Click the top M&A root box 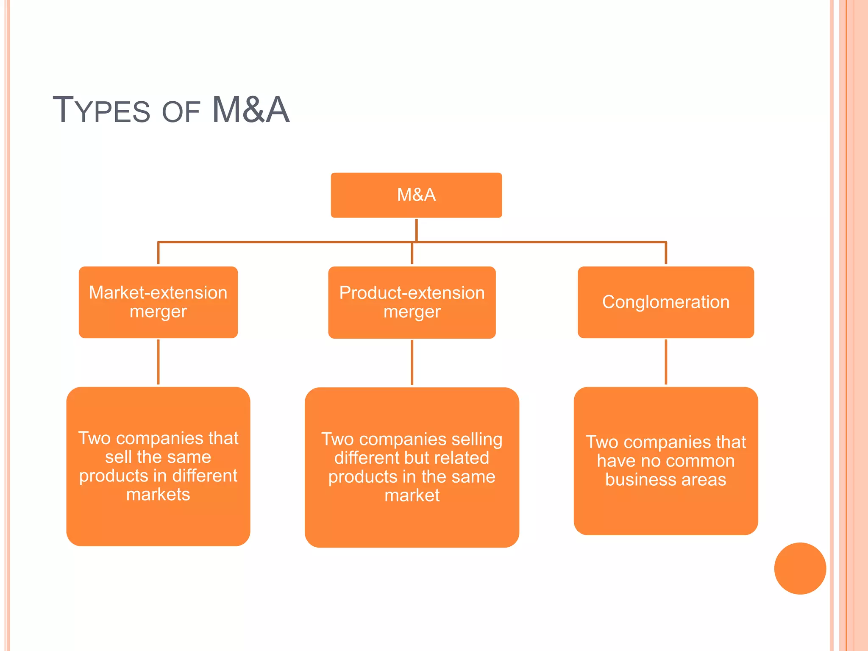(416, 195)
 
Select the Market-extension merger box (158, 302)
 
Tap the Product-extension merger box (412, 302)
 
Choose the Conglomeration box (665, 302)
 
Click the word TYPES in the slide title (101, 110)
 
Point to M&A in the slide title (250, 110)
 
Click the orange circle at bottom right (800, 568)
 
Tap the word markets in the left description (158, 495)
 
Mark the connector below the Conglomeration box (666, 362)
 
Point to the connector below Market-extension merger (159, 362)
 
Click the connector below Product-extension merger (412, 362)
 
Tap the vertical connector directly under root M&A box (416, 229)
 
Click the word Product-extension (412, 293)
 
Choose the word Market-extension (158, 292)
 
